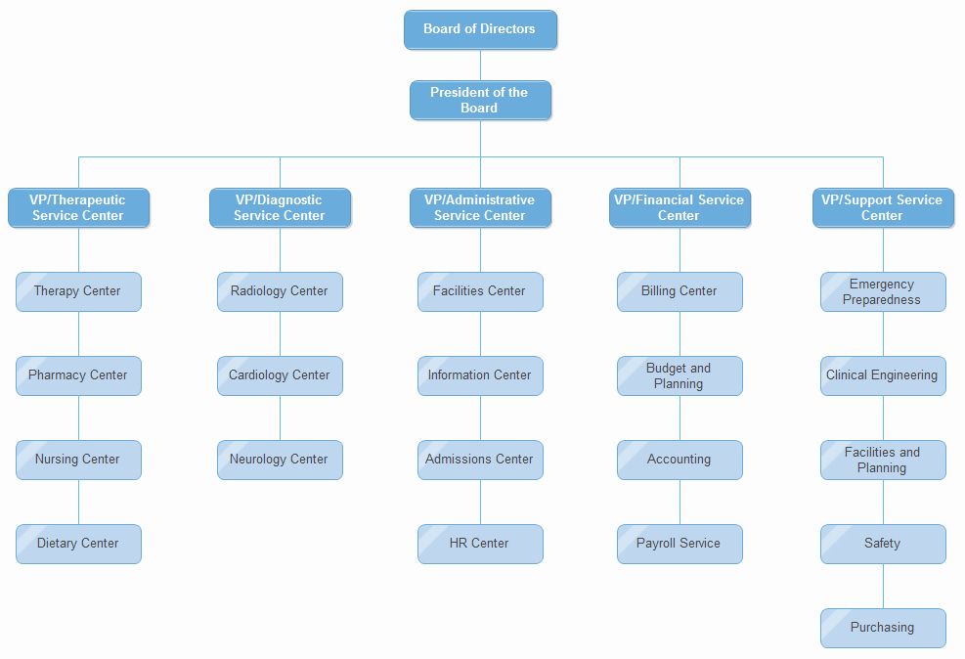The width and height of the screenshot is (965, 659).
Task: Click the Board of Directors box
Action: pyautogui.click(x=480, y=29)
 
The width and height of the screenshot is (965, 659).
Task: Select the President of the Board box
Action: pyautogui.click(x=480, y=100)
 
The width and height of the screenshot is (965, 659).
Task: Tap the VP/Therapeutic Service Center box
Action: pyautogui.click(x=78, y=207)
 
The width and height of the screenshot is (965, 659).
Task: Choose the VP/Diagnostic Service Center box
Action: pyautogui.click(x=280, y=207)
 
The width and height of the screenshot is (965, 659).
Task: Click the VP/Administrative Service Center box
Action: pyautogui.click(x=480, y=207)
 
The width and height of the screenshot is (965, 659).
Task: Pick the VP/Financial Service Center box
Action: pyautogui.click(x=680, y=207)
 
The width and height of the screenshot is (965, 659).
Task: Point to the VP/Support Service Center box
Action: pyautogui.click(x=882, y=207)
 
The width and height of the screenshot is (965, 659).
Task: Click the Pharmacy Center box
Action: pyautogui.click(x=78, y=375)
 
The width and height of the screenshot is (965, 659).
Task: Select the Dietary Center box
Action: pyautogui.click(x=78, y=544)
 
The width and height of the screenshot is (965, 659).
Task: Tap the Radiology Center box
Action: pyautogui.click(x=280, y=291)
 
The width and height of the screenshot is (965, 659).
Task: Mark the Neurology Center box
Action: pyautogui.click(x=280, y=460)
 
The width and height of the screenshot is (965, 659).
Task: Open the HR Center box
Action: pyautogui.click(x=480, y=544)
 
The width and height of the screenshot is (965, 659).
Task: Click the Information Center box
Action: pyautogui.click(x=480, y=375)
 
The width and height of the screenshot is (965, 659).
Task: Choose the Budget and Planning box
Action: pyautogui.click(x=680, y=375)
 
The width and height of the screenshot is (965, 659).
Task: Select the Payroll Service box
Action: pyautogui.click(x=680, y=544)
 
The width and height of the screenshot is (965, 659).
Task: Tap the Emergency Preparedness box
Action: pyautogui.click(x=882, y=291)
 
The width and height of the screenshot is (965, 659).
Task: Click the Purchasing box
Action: pyautogui.click(x=882, y=628)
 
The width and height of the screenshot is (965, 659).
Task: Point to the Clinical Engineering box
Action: pyautogui.click(x=882, y=375)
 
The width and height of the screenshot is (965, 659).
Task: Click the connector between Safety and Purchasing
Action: pyautogui.click(x=883, y=587)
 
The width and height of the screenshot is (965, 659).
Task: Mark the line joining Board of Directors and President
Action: pyautogui.click(x=480, y=65)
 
